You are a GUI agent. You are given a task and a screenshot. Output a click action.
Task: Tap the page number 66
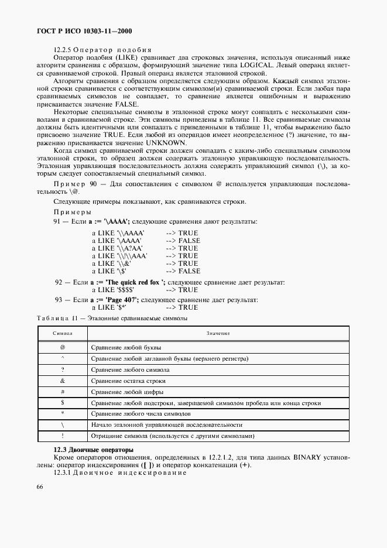(39, 487)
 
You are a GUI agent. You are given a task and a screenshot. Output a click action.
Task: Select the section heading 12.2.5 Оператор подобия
(102, 49)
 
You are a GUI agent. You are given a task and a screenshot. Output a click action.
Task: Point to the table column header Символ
(62, 333)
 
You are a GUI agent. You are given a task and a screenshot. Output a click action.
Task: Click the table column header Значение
(218, 333)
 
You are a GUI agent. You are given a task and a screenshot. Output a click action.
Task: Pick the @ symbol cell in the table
(62, 347)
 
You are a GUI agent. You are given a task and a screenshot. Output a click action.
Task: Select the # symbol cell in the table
(62, 392)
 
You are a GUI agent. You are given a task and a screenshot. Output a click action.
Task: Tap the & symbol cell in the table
(62, 381)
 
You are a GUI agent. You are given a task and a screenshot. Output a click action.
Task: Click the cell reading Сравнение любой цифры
(127, 392)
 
